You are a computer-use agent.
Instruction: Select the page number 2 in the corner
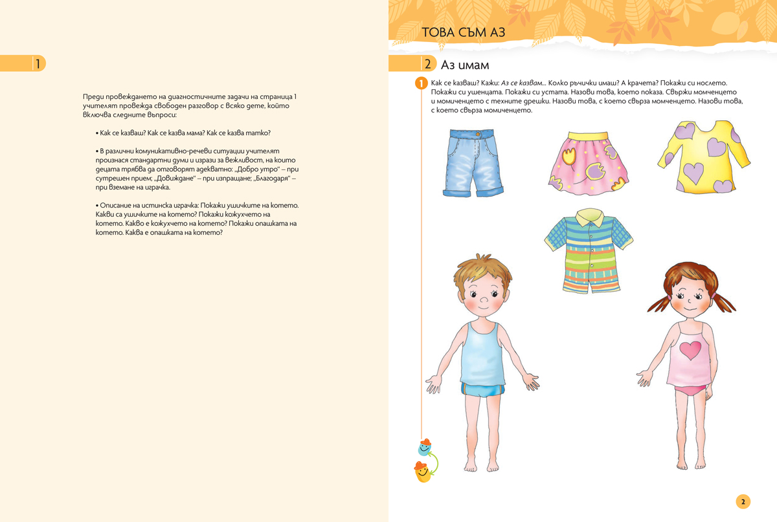743,501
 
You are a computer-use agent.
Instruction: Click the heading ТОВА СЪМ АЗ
463,32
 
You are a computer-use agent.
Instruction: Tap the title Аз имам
465,65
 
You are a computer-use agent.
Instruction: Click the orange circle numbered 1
421,83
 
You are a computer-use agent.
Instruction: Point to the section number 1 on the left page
38,63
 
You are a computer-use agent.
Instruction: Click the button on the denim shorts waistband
478,133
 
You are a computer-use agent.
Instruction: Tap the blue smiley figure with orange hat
424,447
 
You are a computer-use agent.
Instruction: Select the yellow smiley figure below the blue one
422,473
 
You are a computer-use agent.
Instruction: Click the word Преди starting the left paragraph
93,96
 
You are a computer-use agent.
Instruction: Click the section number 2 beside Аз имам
427,64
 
